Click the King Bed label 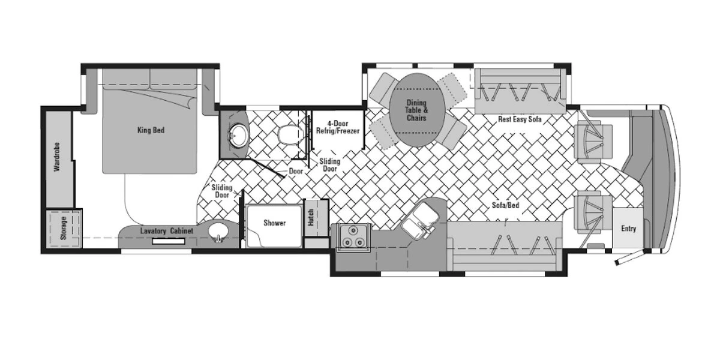(151, 130)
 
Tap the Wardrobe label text (57, 157)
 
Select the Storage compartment (64, 228)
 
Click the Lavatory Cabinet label (167, 231)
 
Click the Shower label (275, 223)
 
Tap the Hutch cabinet (316, 218)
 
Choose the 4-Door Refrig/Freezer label (338, 127)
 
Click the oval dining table (417, 110)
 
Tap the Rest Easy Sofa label (520, 119)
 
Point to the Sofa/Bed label (505, 205)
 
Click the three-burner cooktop (353, 237)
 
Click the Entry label (628, 229)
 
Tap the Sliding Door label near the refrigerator (330, 165)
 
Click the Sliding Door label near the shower (222, 191)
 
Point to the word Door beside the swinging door (296, 172)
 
